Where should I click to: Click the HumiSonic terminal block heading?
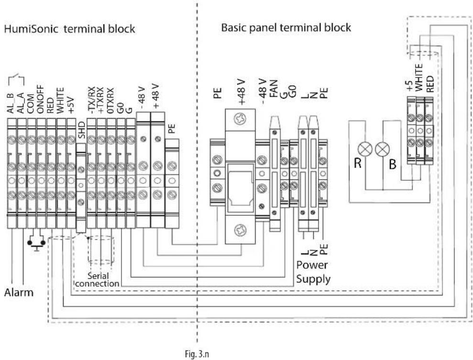coord(69,29)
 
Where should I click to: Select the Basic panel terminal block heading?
coord(286,28)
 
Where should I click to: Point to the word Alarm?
coord(20,292)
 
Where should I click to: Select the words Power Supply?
coord(313,271)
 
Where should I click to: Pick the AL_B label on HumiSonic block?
coord(11,103)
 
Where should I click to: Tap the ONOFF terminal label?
coord(41,101)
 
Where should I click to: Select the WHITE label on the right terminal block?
coord(420,76)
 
